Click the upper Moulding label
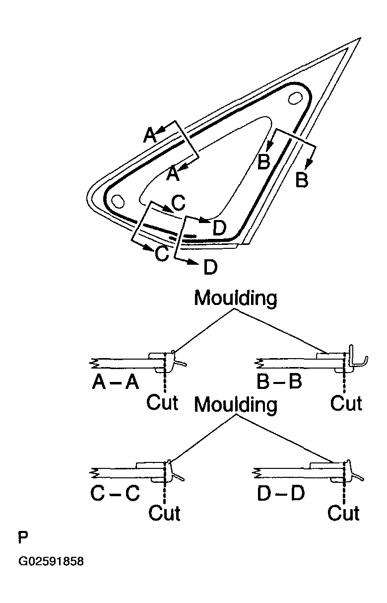(236, 299)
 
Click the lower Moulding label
(236, 405)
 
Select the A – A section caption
(115, 382)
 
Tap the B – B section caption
(279, 382)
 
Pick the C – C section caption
(115, 493)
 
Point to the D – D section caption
(281, 493)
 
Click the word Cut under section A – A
(162, 402)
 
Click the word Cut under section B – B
(346, 403)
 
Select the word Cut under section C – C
(164, 512)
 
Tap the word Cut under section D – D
(343, 512)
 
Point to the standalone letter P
(23, 537)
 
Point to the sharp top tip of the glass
(359, 39)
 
